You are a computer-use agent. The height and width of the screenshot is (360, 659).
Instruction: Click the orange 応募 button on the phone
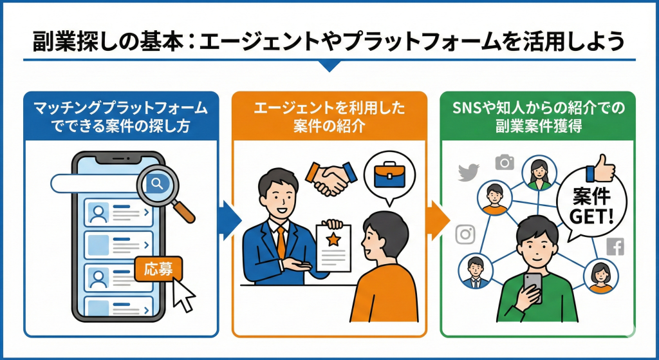coord(158,270)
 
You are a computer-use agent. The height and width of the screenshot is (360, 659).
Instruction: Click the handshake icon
coord(331,178)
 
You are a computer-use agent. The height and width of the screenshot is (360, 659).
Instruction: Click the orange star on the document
coord(334,240)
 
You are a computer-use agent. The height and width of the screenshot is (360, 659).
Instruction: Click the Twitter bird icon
coord(469,173)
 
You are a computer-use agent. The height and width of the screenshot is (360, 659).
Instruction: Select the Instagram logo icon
coord(465,234)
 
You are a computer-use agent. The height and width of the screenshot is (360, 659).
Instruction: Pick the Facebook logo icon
coord(615,247)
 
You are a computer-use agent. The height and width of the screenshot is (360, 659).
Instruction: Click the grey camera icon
coord(505,162)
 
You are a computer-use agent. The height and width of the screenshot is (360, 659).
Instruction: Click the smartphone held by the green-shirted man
coord(532,286)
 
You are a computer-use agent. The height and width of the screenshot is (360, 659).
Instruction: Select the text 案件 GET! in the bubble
coord(592,207)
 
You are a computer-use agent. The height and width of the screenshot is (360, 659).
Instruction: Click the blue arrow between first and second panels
coord(232,220)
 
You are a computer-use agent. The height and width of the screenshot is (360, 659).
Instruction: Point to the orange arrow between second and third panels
coord(440,220)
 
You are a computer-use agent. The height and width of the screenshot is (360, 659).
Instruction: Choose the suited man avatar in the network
coord(476,272)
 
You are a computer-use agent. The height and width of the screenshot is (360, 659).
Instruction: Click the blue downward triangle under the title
coord(329,66)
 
